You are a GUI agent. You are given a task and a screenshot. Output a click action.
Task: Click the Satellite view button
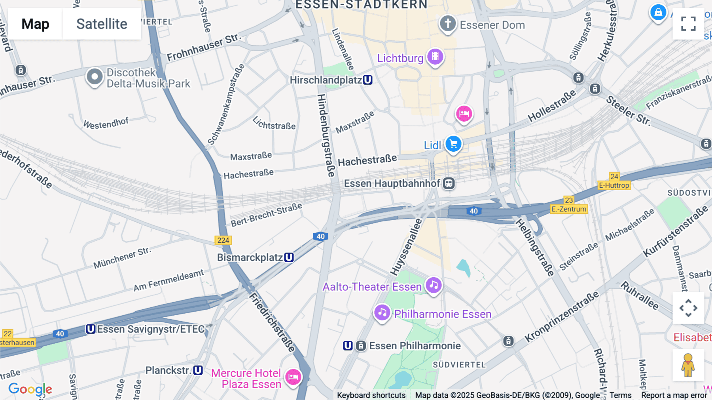pyautogui.click(x=102, y=24)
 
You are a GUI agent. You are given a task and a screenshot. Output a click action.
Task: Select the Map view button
pyautogui.click(x=35, y=24)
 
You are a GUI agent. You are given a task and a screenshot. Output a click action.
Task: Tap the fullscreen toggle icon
pyautogui.click(x=688, y=24)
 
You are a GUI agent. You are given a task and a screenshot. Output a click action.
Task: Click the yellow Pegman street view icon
pyautogui.click(x=688, y=365)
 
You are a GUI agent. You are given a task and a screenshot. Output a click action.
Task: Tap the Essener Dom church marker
pyautogui.click(x=448, y=24)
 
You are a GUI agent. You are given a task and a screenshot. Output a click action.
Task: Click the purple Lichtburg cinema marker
pyautogui.click(x=435, y=57)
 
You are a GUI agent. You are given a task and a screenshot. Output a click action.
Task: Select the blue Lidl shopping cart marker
pyautogui.click(x=453, y=144)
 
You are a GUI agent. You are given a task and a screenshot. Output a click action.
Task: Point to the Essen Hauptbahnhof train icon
pyautogui.click(x=449, y=183)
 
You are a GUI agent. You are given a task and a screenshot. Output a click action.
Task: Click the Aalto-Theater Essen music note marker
pyautogui.click(x=434, y=285)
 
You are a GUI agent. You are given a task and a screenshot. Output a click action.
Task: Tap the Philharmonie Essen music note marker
pyautogui.click(x=382, y=313)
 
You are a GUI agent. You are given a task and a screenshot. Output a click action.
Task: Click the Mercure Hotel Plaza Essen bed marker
pyautogui.click(x=293, y=377)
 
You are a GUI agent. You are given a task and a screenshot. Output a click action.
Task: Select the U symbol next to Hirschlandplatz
pyautogui.click(x=367, y=80)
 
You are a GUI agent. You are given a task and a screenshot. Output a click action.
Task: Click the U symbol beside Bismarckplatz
pyautogui.click(x=289, y=257)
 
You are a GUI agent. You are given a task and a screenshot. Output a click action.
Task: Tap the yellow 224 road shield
pyautogui.click(x=223, y=240)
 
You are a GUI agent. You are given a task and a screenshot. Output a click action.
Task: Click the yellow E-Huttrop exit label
pyautogui.click(x=614, y=185)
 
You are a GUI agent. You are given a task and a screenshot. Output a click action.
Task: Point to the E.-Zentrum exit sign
pyautogui.click(x=569, y=209)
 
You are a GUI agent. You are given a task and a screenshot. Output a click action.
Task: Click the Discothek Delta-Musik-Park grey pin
pyautogui.click(x=95, y=76)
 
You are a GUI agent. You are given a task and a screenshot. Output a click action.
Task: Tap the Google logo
pyautogui.click(x=30, y=389)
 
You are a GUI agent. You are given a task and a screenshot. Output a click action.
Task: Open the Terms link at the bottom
pyautogui.click(x=620, y=395)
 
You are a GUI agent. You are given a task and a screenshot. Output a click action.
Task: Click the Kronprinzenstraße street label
pyautogui.click(x=562, y=317)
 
